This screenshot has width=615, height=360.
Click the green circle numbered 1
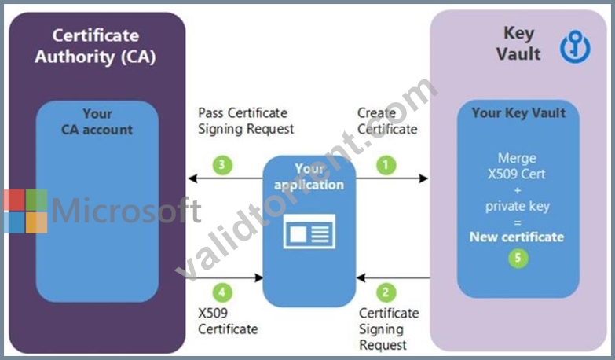pos(386,165)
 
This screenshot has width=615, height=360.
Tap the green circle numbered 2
pos(386,292)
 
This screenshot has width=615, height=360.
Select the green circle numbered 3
pos(222,165)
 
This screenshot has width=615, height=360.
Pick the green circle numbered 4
pos(222,292)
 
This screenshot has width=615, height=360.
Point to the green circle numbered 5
pos(518,258)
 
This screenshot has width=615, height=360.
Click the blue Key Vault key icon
pos(575,46)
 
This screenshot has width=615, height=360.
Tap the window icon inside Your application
pos(309,231)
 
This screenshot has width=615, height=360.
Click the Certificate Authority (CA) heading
pos(95,46)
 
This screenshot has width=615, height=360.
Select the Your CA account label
pos(97,122)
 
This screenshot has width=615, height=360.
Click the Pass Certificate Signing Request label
pos(246,121)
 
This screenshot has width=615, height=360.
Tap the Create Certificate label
pos(387,121)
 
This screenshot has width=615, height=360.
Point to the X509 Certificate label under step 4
pos(228,321)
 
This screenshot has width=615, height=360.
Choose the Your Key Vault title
pos(518,113)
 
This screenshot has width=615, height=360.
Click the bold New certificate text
pos(517,237)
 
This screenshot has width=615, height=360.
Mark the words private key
pos(518,207)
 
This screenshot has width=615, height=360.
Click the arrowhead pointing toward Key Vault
pos(423,178)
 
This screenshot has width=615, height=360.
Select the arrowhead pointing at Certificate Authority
pos(192,178)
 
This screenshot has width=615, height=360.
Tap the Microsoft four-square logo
pos(26,211)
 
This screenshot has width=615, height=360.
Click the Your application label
pos(309,177)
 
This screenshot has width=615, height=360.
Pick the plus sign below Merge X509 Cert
pos(518,190)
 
